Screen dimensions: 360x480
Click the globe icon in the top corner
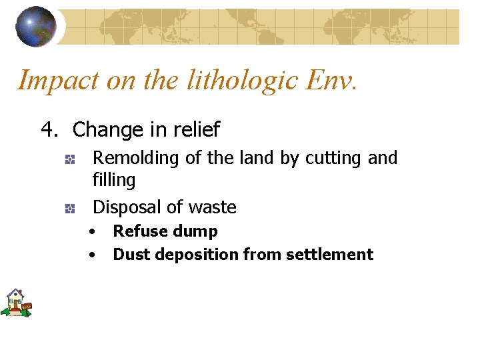[37, 26]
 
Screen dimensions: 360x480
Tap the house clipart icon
[16, 303]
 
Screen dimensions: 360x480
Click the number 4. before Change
[51, 129]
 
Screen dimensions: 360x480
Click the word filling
[113, 180]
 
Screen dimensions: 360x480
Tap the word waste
[212, 207]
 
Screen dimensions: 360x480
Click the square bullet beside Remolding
[69, 160]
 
